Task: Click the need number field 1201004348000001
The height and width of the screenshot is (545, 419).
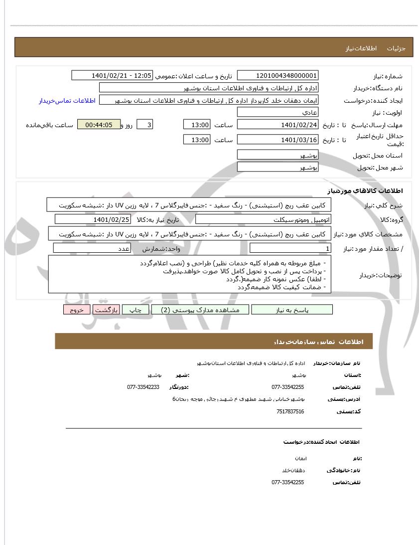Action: coord(278,75)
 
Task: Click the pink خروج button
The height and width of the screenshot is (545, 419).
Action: coord(77,310)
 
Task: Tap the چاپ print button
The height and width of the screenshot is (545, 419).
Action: coord(136,310)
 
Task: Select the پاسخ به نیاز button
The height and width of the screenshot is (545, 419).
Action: coord(292,310)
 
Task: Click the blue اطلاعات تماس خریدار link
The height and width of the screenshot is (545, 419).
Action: coord(67,101)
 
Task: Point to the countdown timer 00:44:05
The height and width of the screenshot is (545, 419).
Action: coord(99,125)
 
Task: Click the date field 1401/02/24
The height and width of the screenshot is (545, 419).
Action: coord(278,125)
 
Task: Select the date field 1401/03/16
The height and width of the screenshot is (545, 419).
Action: coord(278,140)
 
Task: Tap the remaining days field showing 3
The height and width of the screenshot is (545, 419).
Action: coord(144,125)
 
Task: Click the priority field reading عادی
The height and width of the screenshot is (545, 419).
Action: coord(278,113)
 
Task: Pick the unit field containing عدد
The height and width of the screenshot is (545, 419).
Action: coord(92,248)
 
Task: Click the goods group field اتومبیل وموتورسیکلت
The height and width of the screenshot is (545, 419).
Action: coord(263,219)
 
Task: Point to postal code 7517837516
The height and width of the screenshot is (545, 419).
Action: coord(290,411)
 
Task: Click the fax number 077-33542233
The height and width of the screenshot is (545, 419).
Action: coord(143,387)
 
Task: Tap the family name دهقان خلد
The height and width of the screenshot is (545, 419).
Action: coord(293,470)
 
